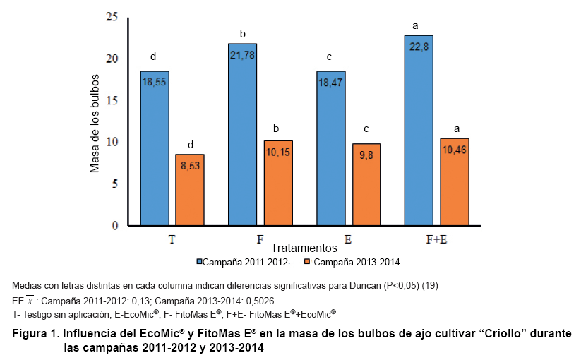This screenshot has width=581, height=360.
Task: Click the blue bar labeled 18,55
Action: (x=155, y=148)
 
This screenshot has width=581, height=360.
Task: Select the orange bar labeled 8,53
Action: (x=190, y=190)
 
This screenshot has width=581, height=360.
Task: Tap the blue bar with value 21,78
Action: (x=243, y=135)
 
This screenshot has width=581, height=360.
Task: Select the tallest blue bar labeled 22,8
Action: (x=419, y=131)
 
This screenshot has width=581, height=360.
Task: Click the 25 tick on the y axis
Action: (x=112, y=17)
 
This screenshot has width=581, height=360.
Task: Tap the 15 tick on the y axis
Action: (x=112, y=100)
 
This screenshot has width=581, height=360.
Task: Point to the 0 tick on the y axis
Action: (x=114, y=226)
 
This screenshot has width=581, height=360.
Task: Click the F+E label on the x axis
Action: (x=437, y=240)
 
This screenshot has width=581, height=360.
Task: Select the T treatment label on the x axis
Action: (x=172, y=240)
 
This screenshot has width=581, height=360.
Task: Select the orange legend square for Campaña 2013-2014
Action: (x=307, y=262)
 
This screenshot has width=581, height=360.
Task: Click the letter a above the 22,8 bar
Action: (x=416, y=26)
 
